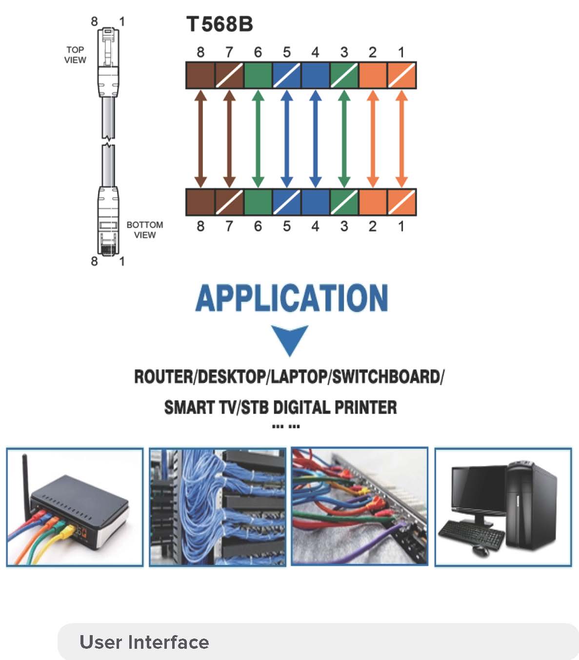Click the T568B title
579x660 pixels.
click(x=220, y=24)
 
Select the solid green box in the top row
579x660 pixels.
click(x=258, y=75)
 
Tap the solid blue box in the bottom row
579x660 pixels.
click(x=315, y=202)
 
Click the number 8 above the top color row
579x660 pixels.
click(x=200, y=52)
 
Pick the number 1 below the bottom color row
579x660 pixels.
click(x=401, y=226)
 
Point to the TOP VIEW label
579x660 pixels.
click(x=75, y=55)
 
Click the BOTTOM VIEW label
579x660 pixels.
click(x=144, y=230)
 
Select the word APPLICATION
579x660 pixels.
click(x=291, y=298)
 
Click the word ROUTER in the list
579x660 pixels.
click(x=163, y=377)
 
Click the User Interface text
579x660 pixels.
click(x=144, y=642)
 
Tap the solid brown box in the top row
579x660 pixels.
click(x=200, y=75)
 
